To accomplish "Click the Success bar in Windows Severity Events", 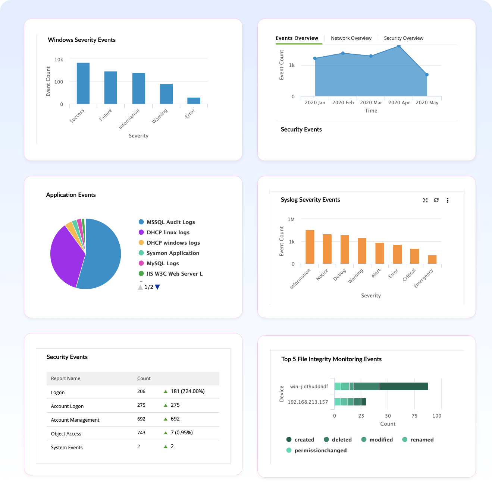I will [83, 83].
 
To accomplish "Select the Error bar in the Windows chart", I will [194, 101].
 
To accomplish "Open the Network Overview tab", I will [351, 38].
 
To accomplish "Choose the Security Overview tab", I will [404, 38].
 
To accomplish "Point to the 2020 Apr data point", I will [399, 46].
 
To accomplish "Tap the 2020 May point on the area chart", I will [427, 75].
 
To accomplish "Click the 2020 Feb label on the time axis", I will [343, 102].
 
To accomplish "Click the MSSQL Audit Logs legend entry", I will [170, 222].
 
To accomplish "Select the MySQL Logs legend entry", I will [163, 263].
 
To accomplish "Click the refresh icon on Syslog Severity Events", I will [436, 200].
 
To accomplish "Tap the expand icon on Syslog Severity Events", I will [425, 200].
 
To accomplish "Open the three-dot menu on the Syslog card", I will [448, 200].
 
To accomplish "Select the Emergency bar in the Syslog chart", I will [432, 259].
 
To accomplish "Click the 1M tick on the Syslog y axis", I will [291, 219].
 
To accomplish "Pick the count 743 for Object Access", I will [141, 432].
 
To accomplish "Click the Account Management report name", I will [75, 420].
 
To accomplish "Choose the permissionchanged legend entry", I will [320, 450].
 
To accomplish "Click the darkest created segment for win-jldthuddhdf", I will [403, 386].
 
